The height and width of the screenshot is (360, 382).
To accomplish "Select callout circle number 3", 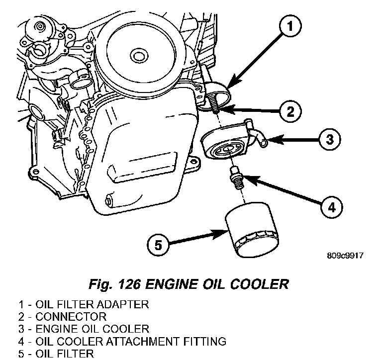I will click(329, 139).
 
